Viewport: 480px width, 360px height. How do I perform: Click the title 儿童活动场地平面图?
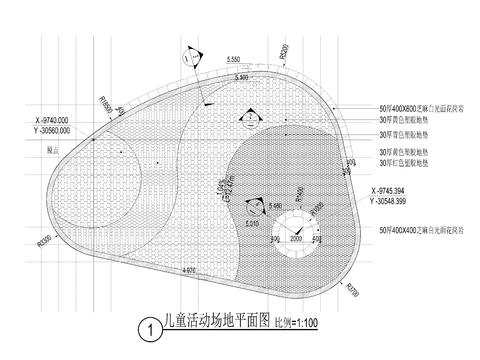pyautogui.click(x=215, y=325)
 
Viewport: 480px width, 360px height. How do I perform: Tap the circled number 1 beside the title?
pyautogui.click(x=148, y=326)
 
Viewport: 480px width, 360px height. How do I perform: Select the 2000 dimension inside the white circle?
pyautogui.click(x=296, y=240)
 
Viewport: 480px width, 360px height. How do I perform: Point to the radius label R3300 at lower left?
pyautogui.click(x=44, y=241)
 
